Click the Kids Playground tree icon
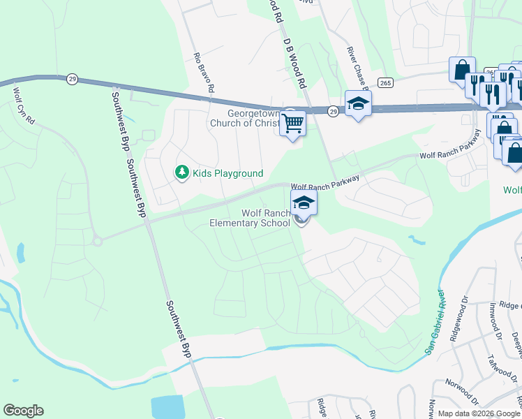point(182,172)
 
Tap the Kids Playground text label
point(228,173)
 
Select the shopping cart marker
point(293,124)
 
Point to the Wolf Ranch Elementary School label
point(251,218)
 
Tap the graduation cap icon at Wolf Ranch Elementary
point(304,203)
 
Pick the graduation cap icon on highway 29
point(359,103)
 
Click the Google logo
point(23,411)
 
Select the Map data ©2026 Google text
point(479,413)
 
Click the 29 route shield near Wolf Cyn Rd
point(72,79)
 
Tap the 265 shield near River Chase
point(385,82)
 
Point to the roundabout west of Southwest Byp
point(97,241)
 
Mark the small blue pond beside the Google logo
point(167,406)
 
